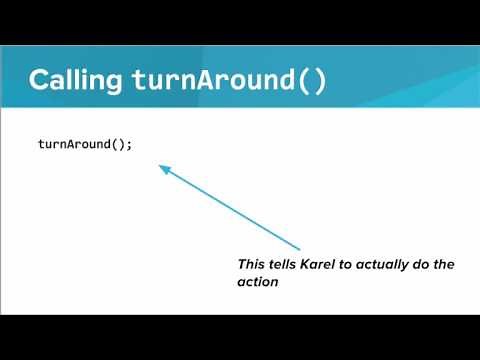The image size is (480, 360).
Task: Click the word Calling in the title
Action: point(77,81)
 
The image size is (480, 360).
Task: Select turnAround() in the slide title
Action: point(229,81)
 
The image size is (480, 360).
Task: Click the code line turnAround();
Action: point(85,144)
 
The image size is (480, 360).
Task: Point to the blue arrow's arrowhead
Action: point(163,169)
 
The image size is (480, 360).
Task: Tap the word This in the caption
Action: point(251,264)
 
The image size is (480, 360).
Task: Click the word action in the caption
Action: point(257,282)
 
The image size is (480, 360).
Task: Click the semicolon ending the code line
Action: point(130,145)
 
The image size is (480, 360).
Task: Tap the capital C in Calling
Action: point(39,81)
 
